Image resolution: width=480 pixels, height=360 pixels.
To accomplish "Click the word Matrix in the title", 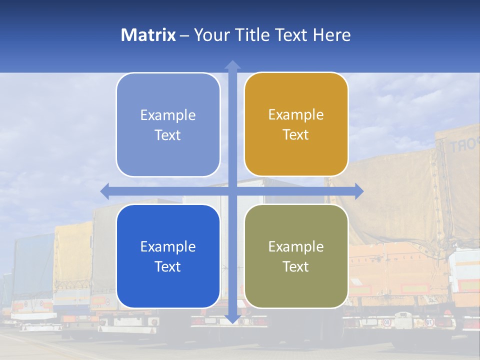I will (148, 35).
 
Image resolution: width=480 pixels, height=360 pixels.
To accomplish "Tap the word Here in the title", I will (331, 35).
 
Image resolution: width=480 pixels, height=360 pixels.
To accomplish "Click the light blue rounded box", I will (168, 125).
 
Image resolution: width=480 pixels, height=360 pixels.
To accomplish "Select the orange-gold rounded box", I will (296, 124).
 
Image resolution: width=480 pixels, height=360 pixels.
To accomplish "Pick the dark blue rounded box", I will (168, 256).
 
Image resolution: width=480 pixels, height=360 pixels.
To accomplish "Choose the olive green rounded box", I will (296, 256).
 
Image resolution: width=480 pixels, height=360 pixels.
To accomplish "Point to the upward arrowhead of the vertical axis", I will (232, 65).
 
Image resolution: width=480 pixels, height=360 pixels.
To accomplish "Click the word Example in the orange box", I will (296, 114).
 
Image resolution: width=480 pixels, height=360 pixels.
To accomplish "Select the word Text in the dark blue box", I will (168, 266).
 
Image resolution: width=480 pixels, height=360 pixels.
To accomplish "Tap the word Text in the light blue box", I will (168, 135).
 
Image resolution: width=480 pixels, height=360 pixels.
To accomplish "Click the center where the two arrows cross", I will (232, 191).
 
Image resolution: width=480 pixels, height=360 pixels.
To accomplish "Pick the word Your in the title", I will (210, 35).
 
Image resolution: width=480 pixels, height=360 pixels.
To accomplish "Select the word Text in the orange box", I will (296, 134).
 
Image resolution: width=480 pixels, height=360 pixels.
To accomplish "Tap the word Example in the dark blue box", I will (168, 246).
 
